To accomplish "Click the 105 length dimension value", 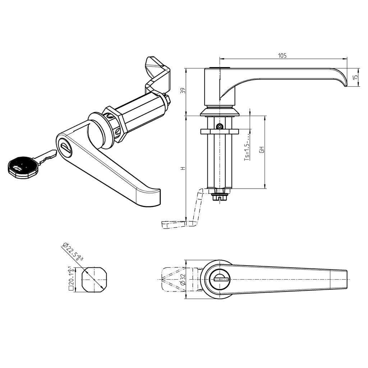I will [282, 55].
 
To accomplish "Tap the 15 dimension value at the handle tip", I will [355, 77].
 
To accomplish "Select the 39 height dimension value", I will [183, 91].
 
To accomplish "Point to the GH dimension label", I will [262, 150].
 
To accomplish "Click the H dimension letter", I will [183, 168].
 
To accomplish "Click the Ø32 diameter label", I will [183, 279].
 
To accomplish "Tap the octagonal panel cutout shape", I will [94, 279].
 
